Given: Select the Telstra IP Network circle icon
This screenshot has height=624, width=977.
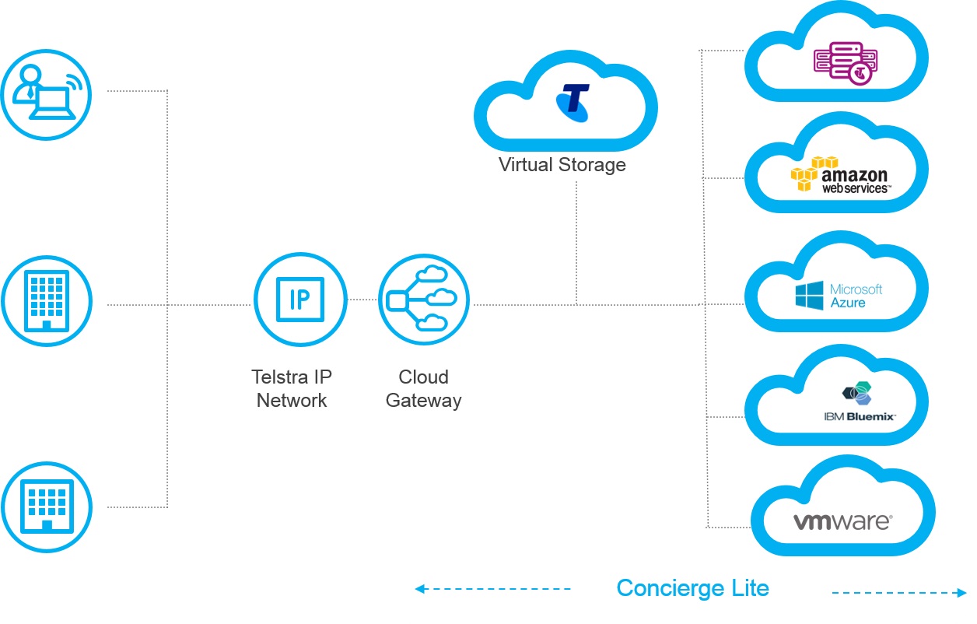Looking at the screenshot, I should pos(300,300).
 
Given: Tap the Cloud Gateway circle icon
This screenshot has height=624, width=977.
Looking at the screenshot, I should pos(424,300).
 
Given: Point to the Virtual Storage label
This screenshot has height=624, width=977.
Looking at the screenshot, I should pos(562,165).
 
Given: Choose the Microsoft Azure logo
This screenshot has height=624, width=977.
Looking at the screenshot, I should pos(839,296).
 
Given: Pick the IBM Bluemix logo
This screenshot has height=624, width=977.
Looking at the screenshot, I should pos(860,403).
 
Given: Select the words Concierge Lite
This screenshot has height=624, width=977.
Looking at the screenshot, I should pos(692,588).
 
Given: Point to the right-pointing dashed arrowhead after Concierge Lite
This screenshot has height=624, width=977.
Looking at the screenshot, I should pos(961,593).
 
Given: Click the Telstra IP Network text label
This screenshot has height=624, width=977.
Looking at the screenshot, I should pos(292,389).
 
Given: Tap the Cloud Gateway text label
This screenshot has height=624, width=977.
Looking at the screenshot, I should pos(424,389).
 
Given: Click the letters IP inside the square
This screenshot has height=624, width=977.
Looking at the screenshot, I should pos(299,300).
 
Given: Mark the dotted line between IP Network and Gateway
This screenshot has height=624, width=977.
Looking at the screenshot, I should pos(362,300).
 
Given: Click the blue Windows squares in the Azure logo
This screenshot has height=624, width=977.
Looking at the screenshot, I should pos(809,296).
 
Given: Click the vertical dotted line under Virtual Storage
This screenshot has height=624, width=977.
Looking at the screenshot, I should pos(576,241).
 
